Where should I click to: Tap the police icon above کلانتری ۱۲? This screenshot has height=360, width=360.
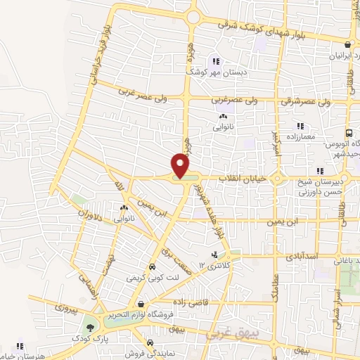(214, 255)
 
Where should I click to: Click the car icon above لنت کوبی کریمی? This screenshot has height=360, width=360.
(152, 267)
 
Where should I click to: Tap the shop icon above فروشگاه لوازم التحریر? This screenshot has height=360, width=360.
(142, 304)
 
